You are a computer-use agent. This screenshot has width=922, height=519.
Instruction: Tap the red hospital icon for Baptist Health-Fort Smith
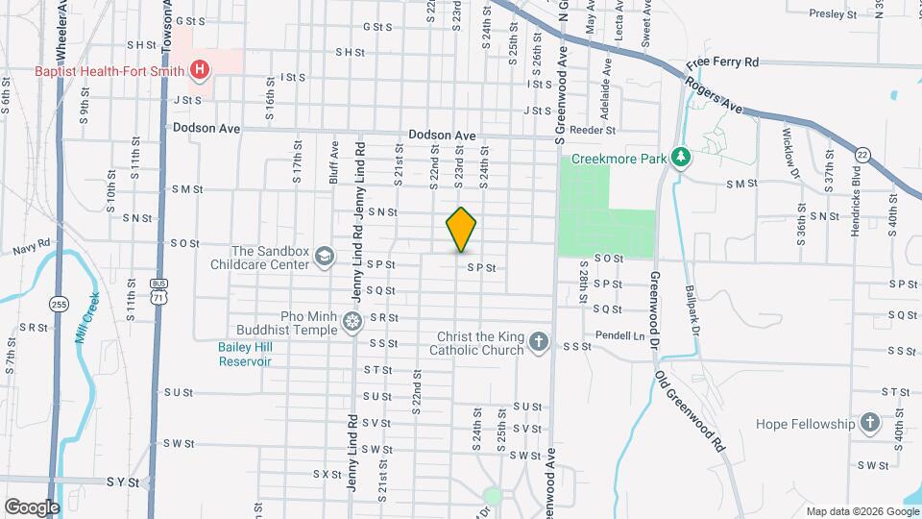[200, 69]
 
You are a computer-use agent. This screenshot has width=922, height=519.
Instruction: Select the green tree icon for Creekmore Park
[681, 156]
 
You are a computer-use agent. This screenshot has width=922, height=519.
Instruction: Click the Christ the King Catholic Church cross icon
[539, 342]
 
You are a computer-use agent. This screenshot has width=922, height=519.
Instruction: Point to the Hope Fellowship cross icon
[869, 423]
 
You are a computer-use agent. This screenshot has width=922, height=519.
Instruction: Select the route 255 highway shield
[60, 304]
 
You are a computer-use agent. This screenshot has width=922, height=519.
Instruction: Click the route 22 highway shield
[861, 155]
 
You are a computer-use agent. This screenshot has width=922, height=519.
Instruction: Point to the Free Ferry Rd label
[722, 62]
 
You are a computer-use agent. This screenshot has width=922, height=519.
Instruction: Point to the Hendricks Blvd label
[850, 218]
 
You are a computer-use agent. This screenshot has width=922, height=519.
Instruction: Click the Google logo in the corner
[32, 507]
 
